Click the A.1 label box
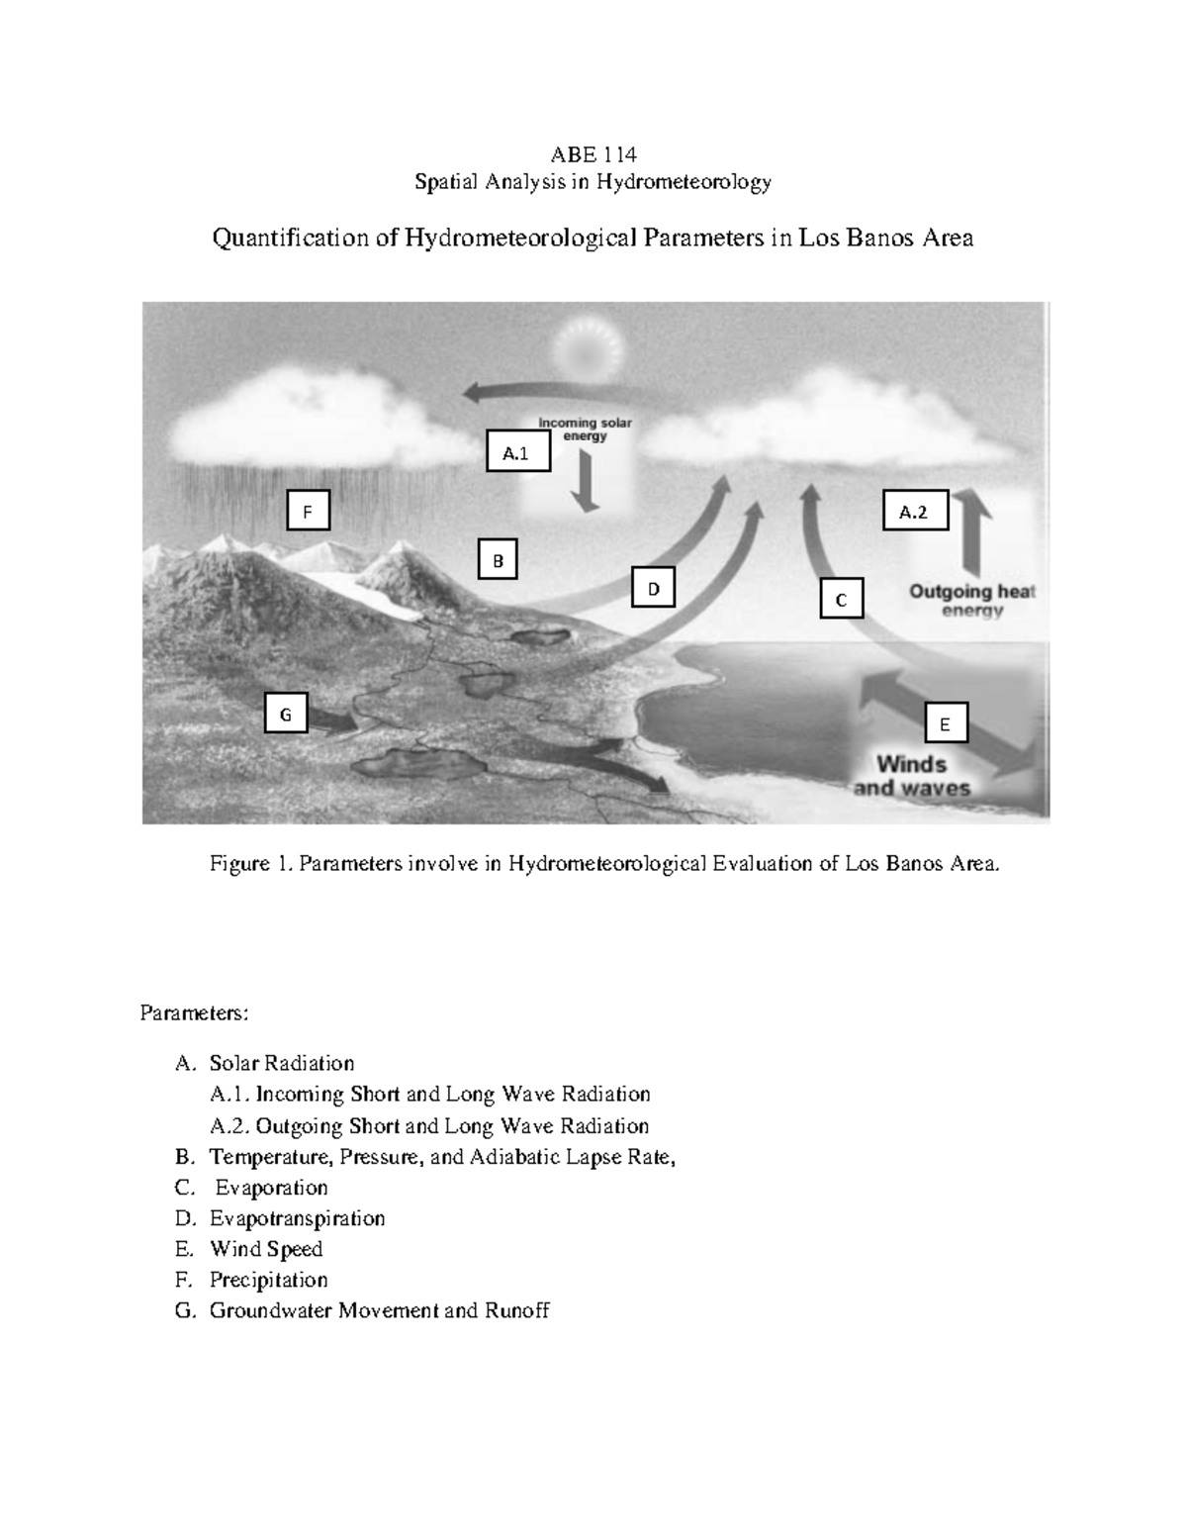(518, 452)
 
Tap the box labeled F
(308, 512)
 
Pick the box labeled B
(498, 560)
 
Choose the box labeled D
(653, 588)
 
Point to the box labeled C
(841, 599)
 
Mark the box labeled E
(946, 723)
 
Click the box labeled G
(286, 714)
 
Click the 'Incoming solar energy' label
(585, 430)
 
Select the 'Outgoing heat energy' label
(971, 600)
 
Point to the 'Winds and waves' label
(911, 776)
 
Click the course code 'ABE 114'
(593, 154)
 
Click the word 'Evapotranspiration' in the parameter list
(297, 1218)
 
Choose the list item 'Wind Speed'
(265, 1249)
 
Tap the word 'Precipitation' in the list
(268, 1280)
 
